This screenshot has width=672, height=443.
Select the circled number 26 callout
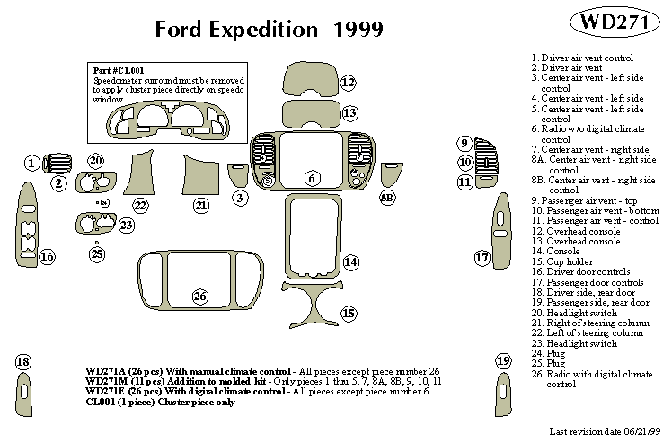click(199, 296)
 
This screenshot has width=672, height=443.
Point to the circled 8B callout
click(387, 197)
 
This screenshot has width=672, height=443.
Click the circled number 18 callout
click(22, 361)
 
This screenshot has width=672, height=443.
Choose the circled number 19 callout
click(503, 361)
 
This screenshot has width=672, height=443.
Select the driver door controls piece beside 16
click(25, 227)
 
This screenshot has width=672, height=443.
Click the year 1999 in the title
click(358, 29)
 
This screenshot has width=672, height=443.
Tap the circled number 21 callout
click(200, 206)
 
